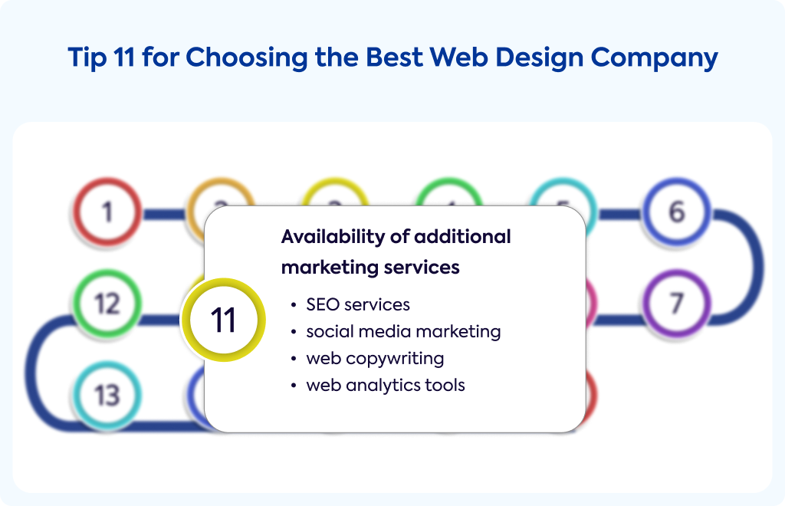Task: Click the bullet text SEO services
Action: coord(358,304)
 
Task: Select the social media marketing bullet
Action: coord(403,332)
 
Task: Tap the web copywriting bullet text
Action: coord(375,359)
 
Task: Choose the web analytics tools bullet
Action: coord(386,386)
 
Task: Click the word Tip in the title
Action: coord(87,57)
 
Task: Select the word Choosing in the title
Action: coord(247,58)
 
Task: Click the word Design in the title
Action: coord(540,58)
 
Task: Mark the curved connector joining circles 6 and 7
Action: coord(757,265)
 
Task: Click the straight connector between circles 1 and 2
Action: coord(164,215)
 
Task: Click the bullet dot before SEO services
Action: coord(294,305)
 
